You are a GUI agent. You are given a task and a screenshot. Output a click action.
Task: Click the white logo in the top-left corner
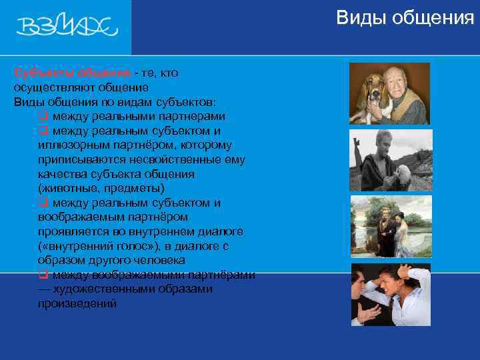(67, 27)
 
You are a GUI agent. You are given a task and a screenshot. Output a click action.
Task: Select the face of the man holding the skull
(377, 151)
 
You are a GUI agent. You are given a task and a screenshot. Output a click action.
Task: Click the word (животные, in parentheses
(69, 189)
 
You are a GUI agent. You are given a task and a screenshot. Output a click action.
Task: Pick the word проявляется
(75, 231)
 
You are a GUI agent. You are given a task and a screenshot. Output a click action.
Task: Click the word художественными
(117, 289)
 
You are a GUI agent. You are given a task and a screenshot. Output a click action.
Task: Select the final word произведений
(77, 303)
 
